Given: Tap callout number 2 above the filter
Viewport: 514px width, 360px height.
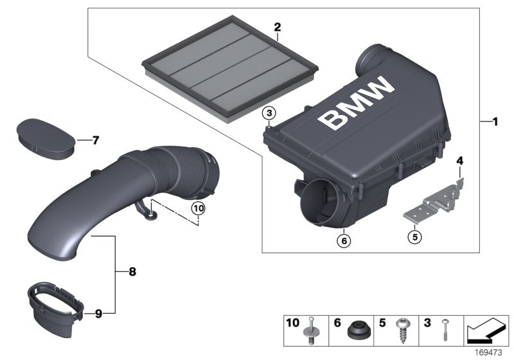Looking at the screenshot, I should (x=277, y=27).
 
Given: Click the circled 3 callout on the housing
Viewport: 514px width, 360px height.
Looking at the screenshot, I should (x=270, y=113).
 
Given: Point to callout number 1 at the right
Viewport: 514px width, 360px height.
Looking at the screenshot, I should (x=494, y=121).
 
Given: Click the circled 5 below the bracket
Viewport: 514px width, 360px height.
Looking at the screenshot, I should (x=414, y=236).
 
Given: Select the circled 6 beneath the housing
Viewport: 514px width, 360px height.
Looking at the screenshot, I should (x=344, y=240).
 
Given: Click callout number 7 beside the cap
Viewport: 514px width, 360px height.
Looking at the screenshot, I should (x=95, y=139).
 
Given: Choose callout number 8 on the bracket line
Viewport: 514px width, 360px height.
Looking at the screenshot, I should (x=132, y=272).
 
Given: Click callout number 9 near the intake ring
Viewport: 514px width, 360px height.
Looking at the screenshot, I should (x=98, y=314).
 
